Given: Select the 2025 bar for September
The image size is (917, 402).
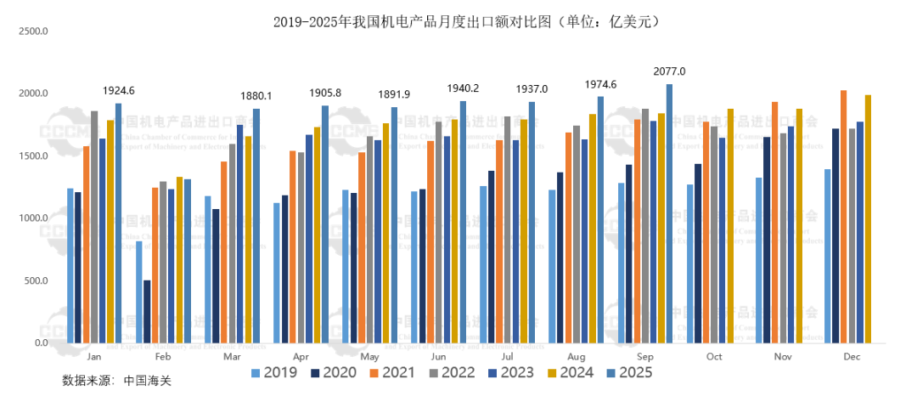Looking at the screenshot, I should [669, 213].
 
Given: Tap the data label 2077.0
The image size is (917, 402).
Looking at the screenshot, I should [669, 71].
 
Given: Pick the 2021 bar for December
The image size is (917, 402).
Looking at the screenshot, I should [843, 217].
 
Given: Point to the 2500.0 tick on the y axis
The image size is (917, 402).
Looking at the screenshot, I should [35, 31].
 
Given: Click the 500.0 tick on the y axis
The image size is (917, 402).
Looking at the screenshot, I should [35, 280].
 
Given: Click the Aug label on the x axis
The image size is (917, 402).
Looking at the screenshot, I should [577, 357].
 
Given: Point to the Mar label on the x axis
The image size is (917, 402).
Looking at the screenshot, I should [232, 357].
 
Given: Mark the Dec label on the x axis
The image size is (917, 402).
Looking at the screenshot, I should [852, 357].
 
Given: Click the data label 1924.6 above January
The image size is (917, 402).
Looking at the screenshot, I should [119, 90].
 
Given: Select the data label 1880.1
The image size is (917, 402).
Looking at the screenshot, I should [256, 96].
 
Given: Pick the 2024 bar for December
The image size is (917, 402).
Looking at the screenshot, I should [868, 219].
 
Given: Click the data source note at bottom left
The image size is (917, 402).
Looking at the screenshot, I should [116, 380].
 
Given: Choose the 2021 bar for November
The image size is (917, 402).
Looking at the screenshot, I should [774, 223].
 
